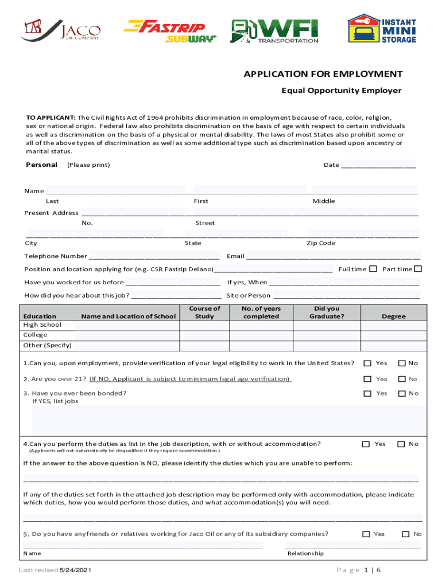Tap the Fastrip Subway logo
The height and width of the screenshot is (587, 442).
click(x=170, y=31)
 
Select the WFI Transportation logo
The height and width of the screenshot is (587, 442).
click(x=274, y=31)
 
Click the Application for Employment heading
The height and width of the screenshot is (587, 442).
click(x=323, y=75)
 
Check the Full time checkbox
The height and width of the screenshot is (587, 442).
click(x=373, y=269)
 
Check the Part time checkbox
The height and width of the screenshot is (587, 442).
click(x=418, y=269)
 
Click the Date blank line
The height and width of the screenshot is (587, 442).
click(x=378, y=166)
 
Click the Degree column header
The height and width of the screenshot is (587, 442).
click(x=394, y=316)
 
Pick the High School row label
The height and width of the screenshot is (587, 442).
click(x=42, y=325)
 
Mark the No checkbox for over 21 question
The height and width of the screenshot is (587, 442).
click(x=402, y=379)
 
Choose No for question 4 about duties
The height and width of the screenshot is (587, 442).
click(x=402, y=444)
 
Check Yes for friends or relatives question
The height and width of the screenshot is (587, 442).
click(x=366, y=534)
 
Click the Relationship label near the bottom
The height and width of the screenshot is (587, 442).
click(x=305, y=554)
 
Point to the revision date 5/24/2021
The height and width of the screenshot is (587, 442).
click(x=76, y=571)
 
